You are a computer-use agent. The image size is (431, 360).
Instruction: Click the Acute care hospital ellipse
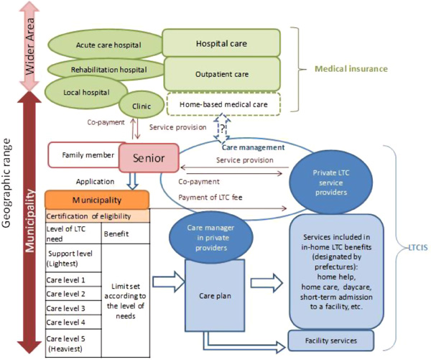108,45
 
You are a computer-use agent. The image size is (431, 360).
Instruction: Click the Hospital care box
221,42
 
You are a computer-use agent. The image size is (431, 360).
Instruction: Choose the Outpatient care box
222,73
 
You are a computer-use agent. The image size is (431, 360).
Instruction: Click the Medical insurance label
351,69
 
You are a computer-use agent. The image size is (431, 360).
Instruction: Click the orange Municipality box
96,198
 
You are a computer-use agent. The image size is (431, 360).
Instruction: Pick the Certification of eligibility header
96,215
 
